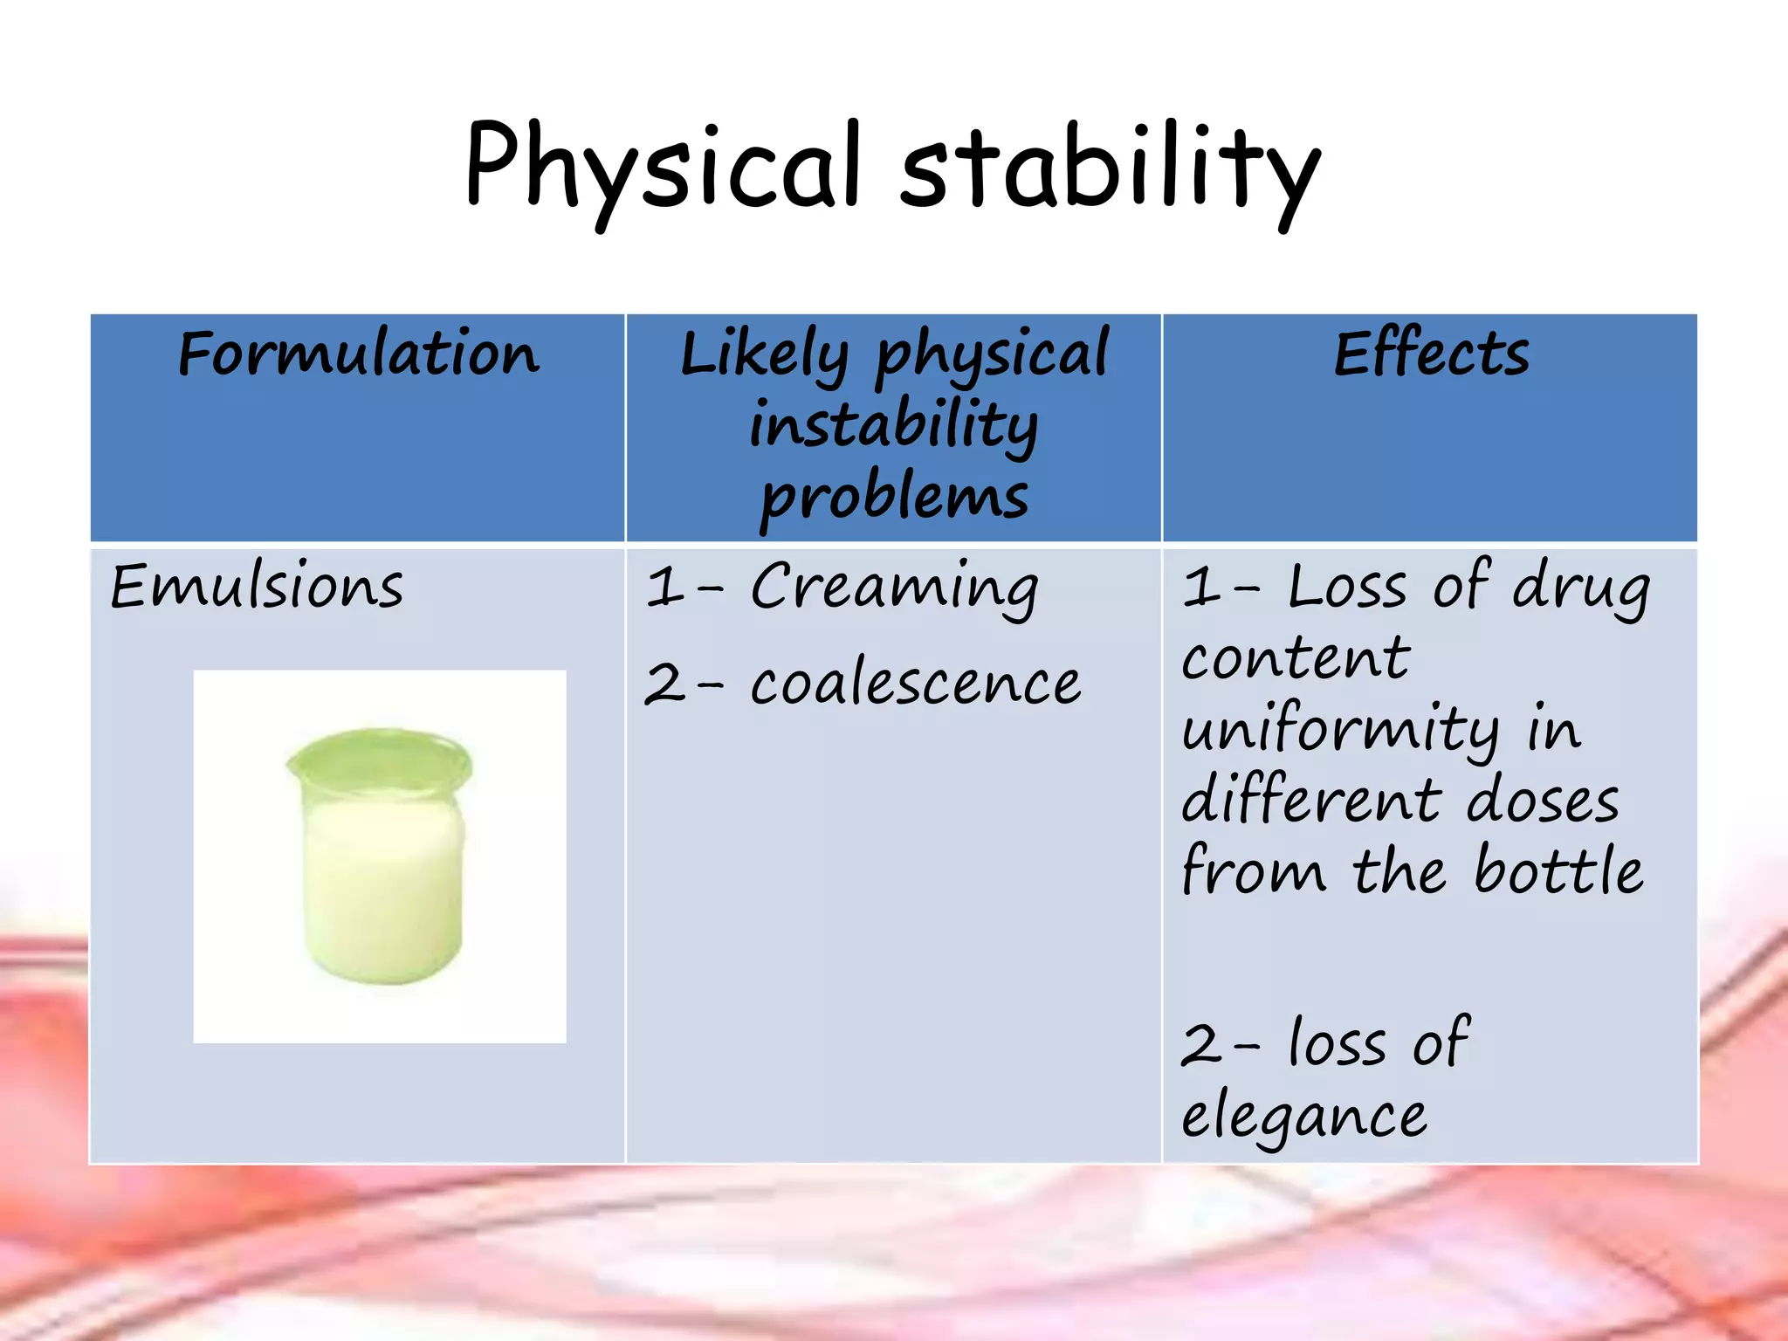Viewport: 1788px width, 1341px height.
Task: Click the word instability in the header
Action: (x=894, y=425)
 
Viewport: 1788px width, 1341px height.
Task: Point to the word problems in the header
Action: (x=894, y=498)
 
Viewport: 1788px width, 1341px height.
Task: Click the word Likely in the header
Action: (x=763, y=356)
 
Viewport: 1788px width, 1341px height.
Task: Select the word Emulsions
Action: (x=257, y=586)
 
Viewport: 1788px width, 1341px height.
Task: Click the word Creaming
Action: (x=894, y=587)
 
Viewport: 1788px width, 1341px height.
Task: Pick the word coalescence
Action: (x=915, y=683)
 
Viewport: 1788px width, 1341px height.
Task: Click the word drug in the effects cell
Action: (x=1581, y=587)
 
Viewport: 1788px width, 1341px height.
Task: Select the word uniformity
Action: (x=1341, y=730)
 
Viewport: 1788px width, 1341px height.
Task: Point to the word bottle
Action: (x=1558, y=871)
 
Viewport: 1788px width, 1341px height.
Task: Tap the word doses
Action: (x=1543, y=801)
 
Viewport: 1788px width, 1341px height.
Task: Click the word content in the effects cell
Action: (x=1296, y=658)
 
